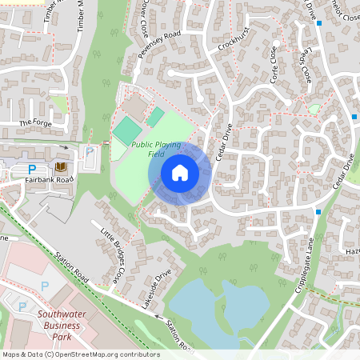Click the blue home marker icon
tap(179, 173)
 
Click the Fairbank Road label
tap(49, 180)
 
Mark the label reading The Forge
tap(34, 122)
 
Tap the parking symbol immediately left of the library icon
tap(33, 169)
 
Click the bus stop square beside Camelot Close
tap(318, 23)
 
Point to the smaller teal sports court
tap(155, 116)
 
